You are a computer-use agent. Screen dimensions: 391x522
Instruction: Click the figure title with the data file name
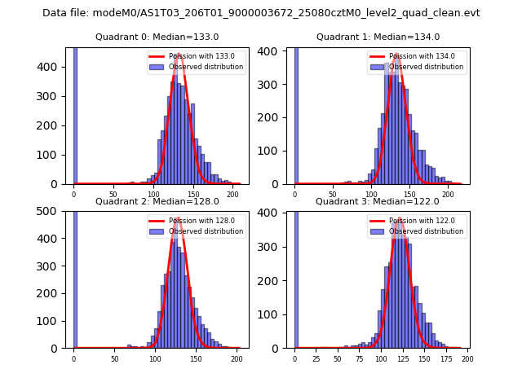261,13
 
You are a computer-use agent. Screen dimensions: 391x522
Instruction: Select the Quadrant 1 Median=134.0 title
378,37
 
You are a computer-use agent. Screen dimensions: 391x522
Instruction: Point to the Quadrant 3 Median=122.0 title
377,201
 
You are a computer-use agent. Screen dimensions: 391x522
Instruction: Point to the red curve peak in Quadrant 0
178,55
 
